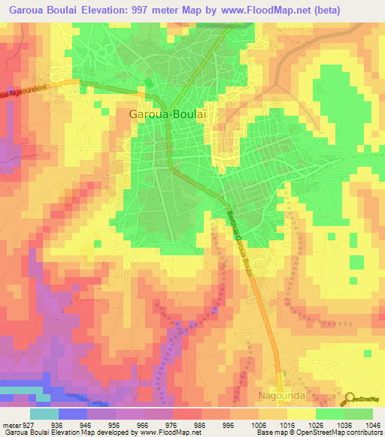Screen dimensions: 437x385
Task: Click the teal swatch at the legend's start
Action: pyautogui.click(x=44, y=413)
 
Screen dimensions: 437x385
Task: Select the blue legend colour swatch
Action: pyautogui.click(x=73, y=413)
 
